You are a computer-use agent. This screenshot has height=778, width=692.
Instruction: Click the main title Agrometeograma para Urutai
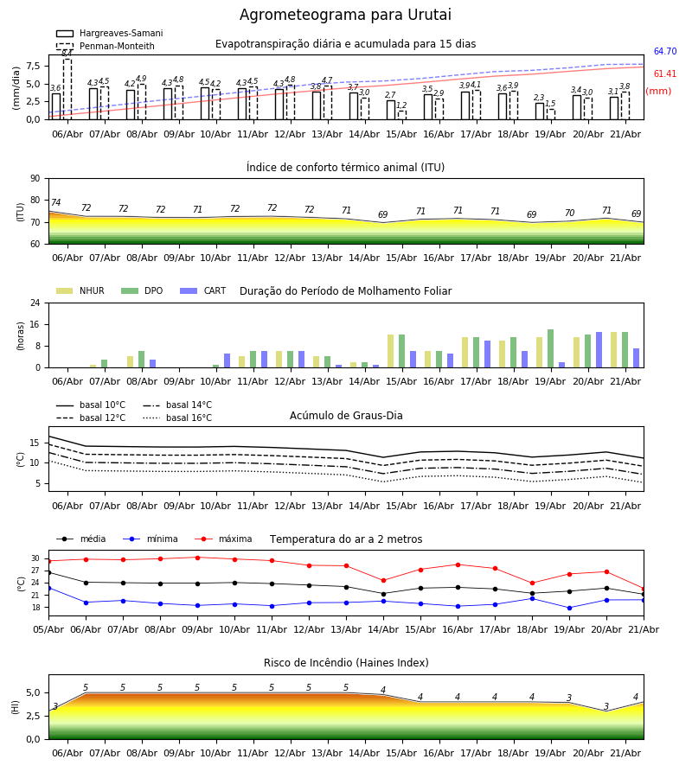345,15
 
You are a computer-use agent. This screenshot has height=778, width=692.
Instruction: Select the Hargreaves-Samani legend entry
109,33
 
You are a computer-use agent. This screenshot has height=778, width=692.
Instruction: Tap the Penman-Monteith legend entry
106,46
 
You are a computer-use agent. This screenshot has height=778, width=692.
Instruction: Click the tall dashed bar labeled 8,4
67,89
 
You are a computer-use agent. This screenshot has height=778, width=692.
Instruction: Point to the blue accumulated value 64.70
665,51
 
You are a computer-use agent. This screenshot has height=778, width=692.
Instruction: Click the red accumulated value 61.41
665,73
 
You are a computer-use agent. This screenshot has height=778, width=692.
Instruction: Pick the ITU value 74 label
55,202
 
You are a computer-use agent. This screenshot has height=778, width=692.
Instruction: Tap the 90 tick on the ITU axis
35,179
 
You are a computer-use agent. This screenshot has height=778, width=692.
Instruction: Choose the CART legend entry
203,290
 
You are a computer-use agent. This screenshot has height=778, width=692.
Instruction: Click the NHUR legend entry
80,290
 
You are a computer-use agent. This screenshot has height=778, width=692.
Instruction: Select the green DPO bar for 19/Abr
550,348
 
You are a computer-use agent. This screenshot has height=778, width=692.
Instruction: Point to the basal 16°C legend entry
177,418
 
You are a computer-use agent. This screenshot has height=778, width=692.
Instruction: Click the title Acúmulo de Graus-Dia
346,416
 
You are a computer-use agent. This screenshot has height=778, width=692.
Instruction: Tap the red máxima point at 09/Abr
197,558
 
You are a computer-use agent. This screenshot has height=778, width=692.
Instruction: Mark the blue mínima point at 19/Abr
569,608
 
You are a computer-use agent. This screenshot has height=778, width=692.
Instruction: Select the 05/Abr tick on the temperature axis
48,629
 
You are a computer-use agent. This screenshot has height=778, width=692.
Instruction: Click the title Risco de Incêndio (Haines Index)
346,663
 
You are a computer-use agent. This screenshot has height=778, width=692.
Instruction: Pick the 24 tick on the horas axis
35,303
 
